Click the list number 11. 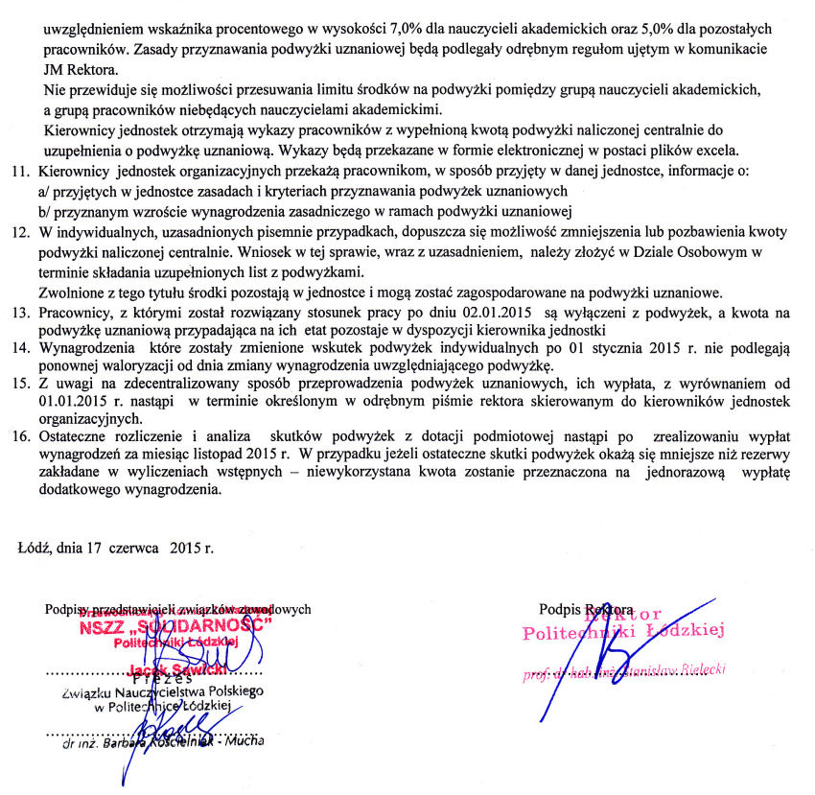pyautogui.click(x=19, y=171)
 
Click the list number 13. pyautogui.click(x=19, y=312)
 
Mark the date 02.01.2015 pyautogui.click(x=501, y=312)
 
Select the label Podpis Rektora pyautogui.click(x=587, y=608)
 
